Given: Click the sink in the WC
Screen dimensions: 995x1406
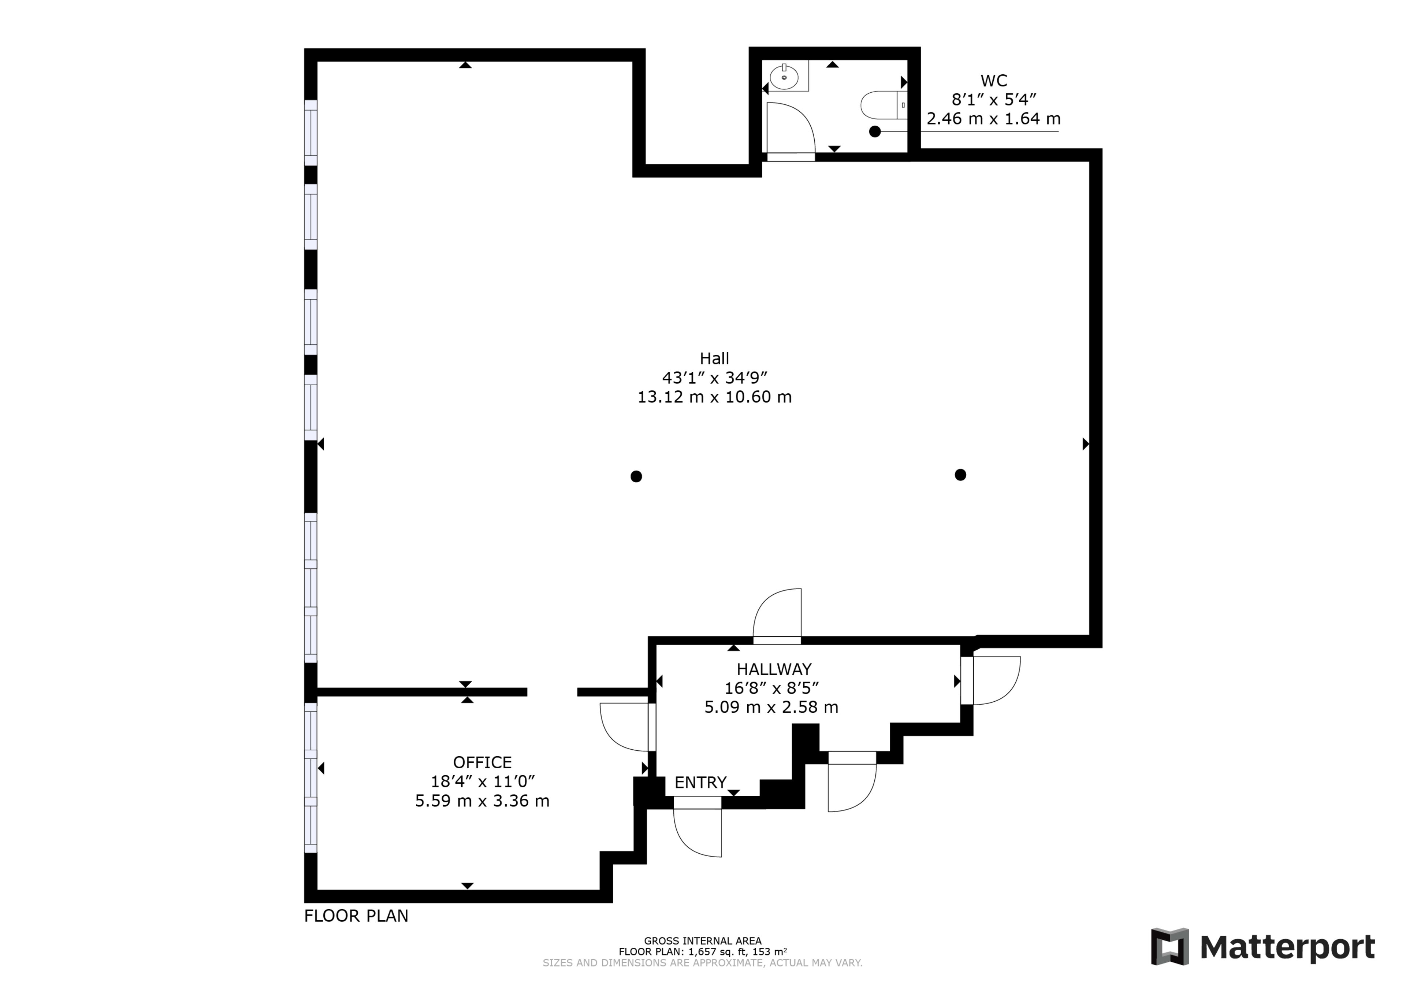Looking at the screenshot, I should pyautogui.click(x=784, y=77).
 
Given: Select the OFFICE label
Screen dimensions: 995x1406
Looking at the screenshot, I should pyautogui.click(x=482, y=762).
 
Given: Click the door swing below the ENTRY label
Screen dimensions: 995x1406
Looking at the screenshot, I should pyautogui.click(x=698, y=832).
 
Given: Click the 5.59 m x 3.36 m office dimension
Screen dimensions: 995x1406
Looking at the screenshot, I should pyautogui.click(x=482, y=801).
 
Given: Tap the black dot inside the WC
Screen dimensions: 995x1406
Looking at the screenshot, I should pyautogui.click(x=875, y=132).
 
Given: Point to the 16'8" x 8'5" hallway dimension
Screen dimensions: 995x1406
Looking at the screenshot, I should pyautogui.click(x=771, y=688).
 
